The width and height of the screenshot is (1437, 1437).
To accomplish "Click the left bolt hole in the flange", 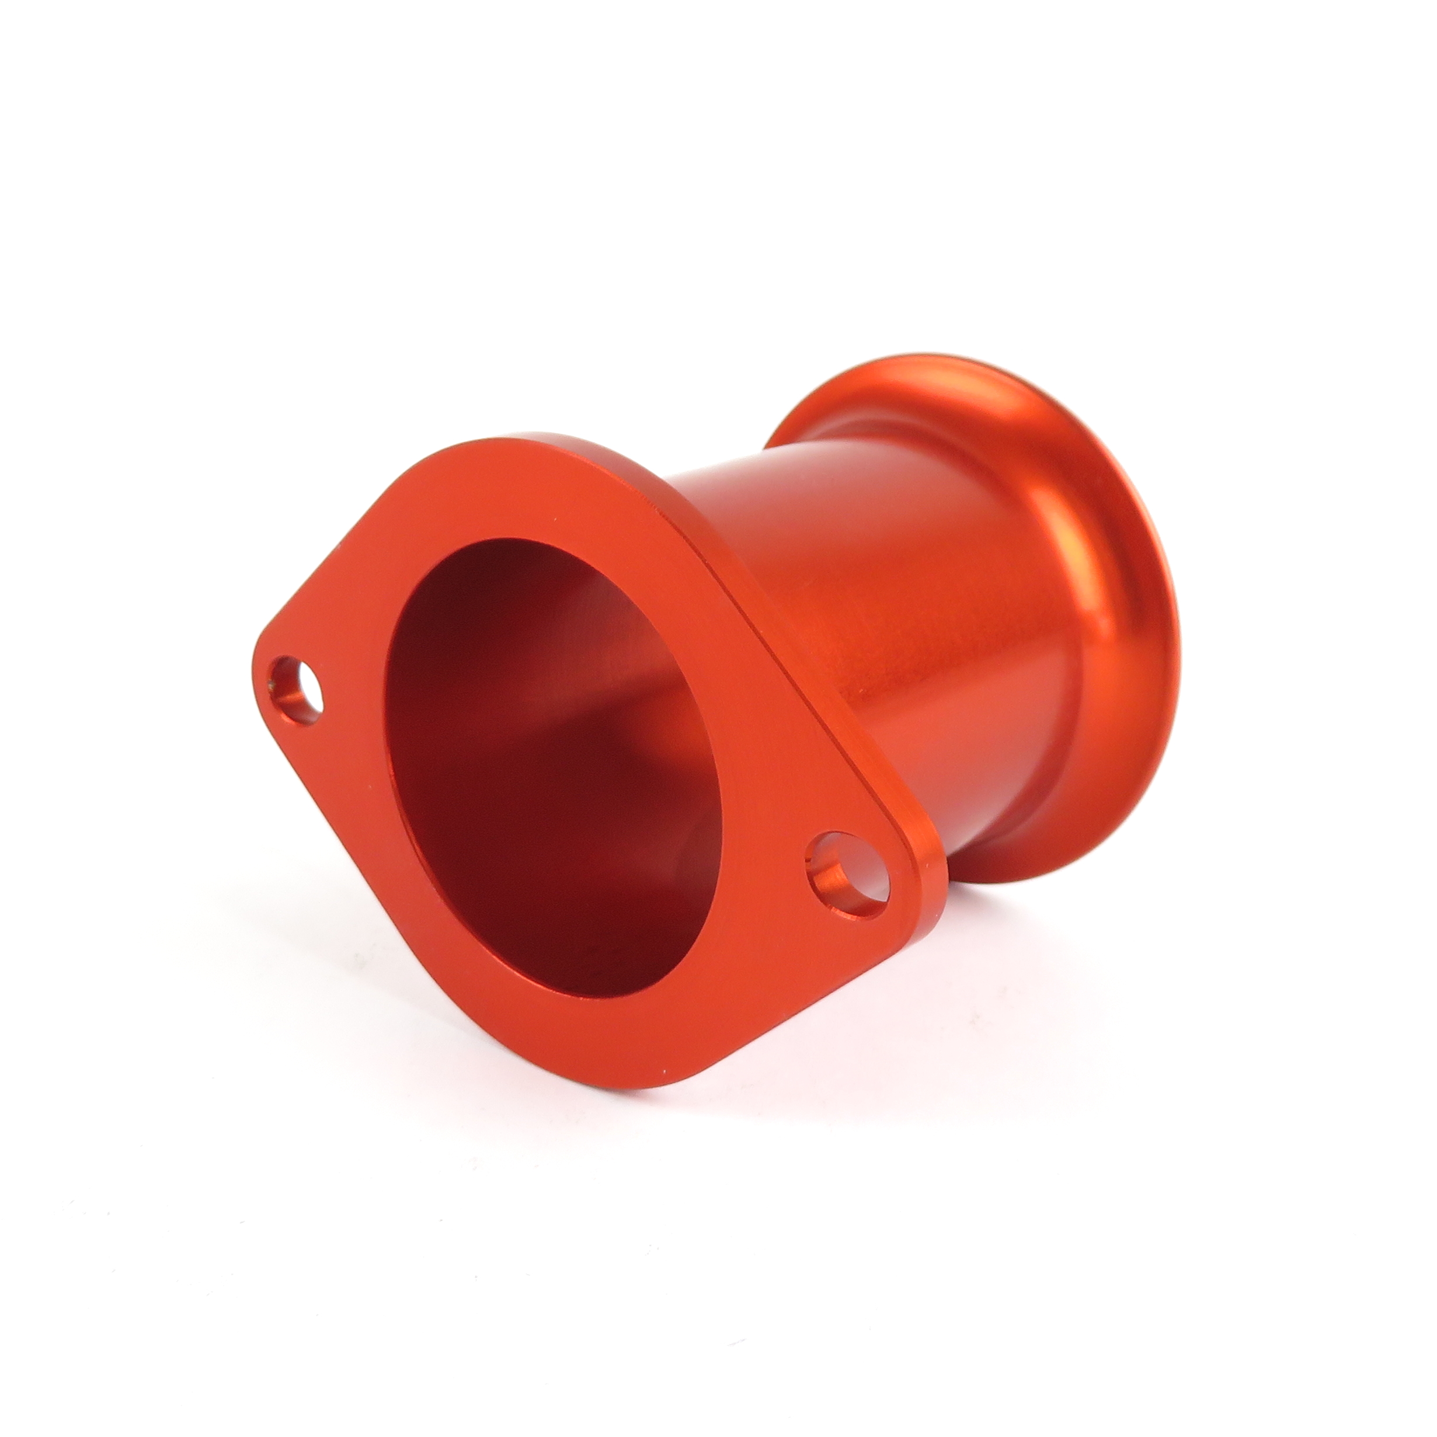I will click(x=298, y=688).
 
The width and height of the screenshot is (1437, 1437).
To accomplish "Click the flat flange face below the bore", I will click(x=595, y=1041).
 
